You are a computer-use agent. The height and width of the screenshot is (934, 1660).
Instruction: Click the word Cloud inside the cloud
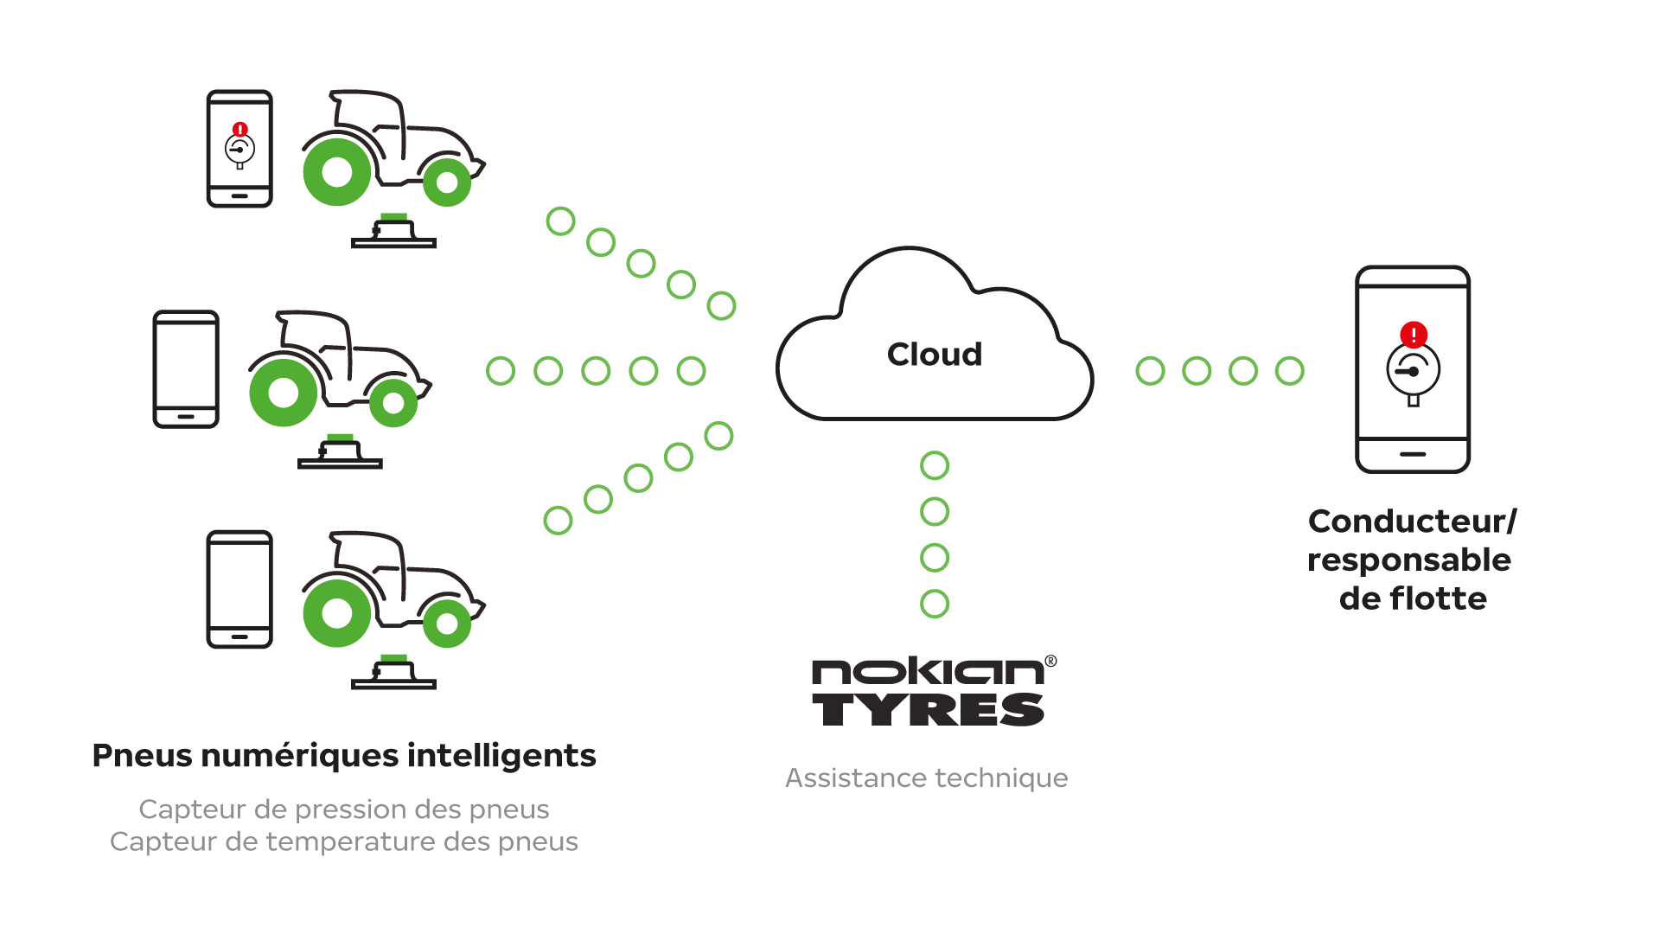[935, 354]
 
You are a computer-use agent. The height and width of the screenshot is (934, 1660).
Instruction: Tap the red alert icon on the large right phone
[1414, 335]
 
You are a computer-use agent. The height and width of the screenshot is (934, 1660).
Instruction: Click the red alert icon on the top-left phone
[240, 130]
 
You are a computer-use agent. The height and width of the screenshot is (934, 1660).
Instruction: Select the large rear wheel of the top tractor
[337, 172]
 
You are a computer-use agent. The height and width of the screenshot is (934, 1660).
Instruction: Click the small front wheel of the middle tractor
[394, 402]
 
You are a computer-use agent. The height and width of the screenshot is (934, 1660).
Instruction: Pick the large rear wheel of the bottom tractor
[337, 614]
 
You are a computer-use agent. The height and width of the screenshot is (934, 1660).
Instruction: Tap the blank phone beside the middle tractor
[186, 369]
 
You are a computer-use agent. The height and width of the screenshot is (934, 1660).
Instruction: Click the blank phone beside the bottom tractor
[239, 589]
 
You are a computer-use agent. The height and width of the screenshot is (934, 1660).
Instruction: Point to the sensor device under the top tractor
[393, 233]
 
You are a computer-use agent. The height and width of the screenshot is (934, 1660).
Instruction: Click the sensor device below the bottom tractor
[393, 674]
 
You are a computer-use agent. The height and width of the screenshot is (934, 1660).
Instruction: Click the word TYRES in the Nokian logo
[928, 709]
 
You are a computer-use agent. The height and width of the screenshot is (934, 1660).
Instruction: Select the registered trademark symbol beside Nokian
[1050, 662]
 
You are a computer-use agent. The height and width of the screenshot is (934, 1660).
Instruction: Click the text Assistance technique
[926, 777]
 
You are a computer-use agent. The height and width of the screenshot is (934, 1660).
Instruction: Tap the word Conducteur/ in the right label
[1412, 521]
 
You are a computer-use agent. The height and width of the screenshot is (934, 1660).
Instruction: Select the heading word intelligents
[501, 755]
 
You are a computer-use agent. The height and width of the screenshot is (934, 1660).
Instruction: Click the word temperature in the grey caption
[349, 841]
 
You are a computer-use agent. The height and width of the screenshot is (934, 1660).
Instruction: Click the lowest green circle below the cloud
[935, 604]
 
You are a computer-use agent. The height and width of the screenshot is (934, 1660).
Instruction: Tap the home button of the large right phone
[1413, 454]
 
